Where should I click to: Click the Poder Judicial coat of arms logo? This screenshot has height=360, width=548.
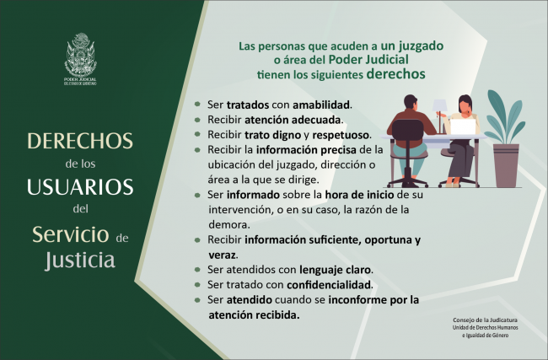(x=82, y=54)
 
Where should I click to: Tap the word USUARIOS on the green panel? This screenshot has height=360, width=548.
(x=81, y=185)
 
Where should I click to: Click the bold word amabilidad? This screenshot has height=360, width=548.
(x=315, y=105)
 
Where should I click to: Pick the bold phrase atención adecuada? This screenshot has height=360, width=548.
(x=304, y=120)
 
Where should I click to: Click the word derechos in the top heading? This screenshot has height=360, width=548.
(x=395, y=73)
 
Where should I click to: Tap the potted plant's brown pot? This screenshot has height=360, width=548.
(x=507, y=164)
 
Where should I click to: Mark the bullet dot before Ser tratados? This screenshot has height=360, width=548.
(x=196, y=105)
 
